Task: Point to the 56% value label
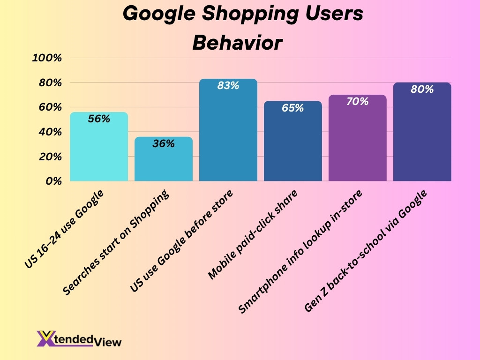click(x=99, y=119)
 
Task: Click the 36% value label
click(x=164, y=144)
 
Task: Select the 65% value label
click(x=293, y=108)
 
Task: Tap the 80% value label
click(x=422, y=89)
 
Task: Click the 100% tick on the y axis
click(x=47, y=58)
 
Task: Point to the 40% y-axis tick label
click(x=50, y=132)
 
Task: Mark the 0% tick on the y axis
click(x=54, y=181)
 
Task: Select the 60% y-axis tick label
click(x=50, y=107)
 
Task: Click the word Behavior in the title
click(x=238, y=43)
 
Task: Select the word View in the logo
click(x=110, y=342)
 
